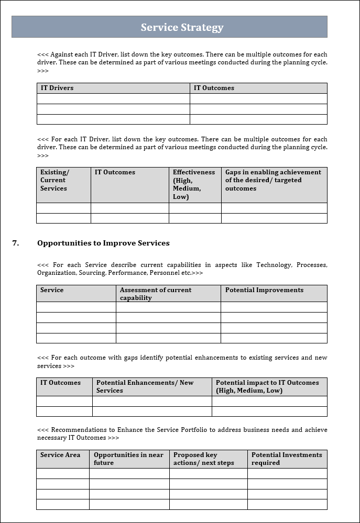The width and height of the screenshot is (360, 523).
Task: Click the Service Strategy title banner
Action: [x=182, y=27]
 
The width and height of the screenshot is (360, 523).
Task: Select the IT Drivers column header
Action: [x=57, y=88]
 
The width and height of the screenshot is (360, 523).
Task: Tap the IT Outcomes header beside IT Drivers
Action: [x=214, y=88]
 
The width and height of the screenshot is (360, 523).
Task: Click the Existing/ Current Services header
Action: [x=54, y=180]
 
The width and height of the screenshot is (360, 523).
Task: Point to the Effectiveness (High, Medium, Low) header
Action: [x=193, y=184]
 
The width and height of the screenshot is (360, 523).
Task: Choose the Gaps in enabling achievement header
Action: [x=273, y=180]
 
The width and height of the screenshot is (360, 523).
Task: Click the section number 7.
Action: [x=16, y=243]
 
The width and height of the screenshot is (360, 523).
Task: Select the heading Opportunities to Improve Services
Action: [x=103, y=243]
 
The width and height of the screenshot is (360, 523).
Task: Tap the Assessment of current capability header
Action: [x=156, y=294]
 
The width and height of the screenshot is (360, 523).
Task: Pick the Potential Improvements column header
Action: [x=264, y=290]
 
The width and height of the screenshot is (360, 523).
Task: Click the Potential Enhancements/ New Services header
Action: [x=145, y=386]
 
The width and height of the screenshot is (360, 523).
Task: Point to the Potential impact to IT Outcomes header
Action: [x=267, y=386]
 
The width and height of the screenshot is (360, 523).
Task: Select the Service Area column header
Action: [x=60, y=455]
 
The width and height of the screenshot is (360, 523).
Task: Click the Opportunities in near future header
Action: [x=128, y=459]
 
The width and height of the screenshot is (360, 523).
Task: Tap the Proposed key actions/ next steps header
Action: [x=203, y=459]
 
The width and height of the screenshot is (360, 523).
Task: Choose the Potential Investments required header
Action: [x=287, y=459]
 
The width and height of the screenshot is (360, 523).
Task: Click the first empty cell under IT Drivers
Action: [x=113, y=98]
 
